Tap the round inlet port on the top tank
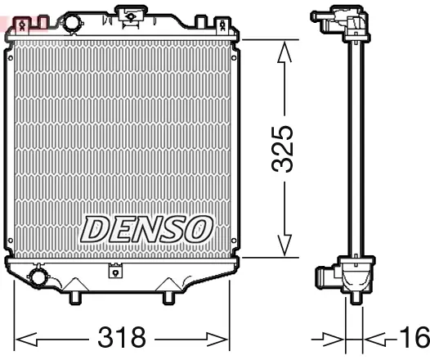74,21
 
